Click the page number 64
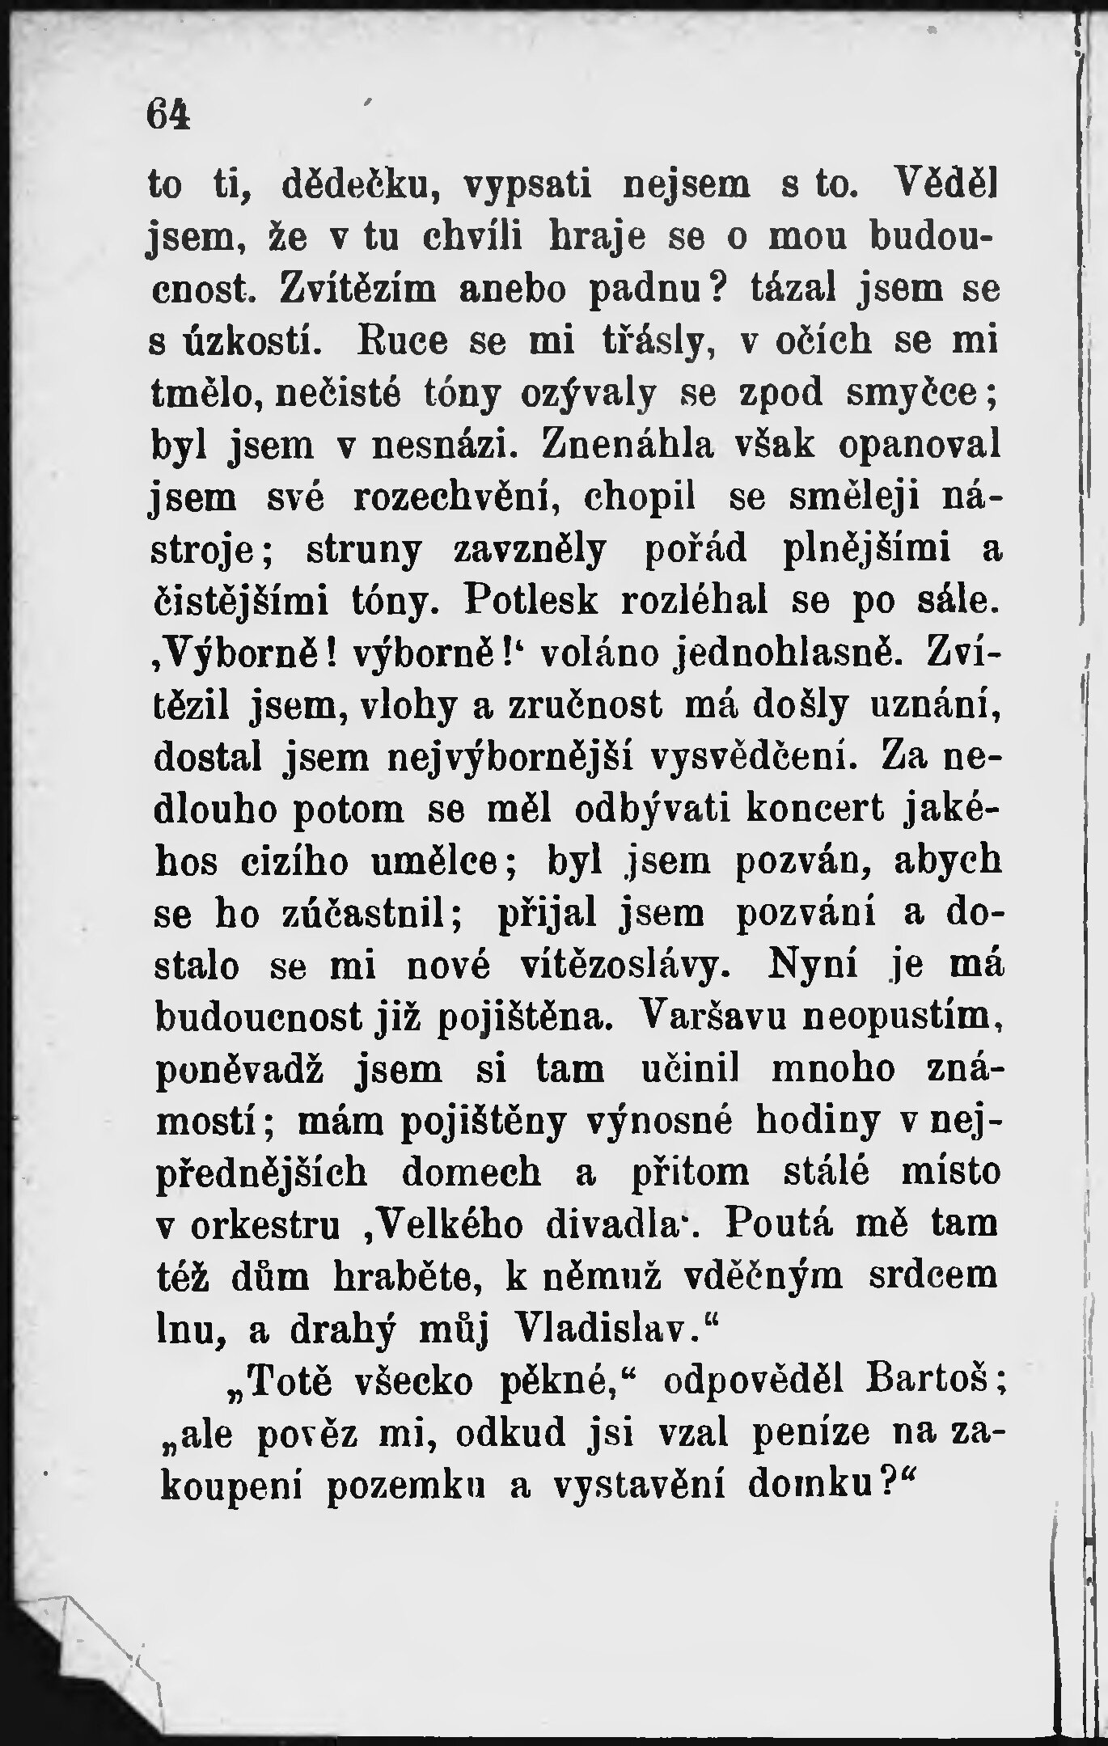(x=168, y=114)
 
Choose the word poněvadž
(x=239, y=1071)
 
